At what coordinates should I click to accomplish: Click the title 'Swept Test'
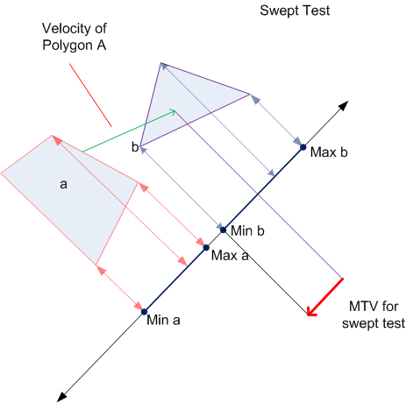coord(295,11)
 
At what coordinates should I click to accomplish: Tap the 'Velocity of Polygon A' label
coord(75,37)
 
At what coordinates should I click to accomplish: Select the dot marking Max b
coord(303,147)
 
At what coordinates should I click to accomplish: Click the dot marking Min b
coord(223,230)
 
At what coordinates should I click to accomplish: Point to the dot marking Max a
coord(206,248)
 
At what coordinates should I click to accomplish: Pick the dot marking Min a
coord(144,312)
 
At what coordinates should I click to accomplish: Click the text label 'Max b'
coord(329,152)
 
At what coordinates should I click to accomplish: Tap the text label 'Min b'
coord(247,230)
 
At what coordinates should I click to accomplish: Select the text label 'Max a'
coord(230,256)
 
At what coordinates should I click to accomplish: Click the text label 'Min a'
coord(163,320)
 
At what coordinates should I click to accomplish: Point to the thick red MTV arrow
coord(325,297)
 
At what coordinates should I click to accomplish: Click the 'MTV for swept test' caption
coord(374,315)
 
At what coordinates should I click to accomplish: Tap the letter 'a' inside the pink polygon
coord(63,184)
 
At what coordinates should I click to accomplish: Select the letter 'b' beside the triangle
coord(135,147)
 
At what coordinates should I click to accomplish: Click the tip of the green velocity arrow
coord(175,110)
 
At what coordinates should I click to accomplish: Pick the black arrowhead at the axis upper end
coord(344,105)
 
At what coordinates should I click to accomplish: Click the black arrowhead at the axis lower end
coord(61,398)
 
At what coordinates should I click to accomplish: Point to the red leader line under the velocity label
coord(90,95)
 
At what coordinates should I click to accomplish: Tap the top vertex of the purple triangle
coord(160,63)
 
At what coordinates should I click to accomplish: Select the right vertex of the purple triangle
coord(250,94)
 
